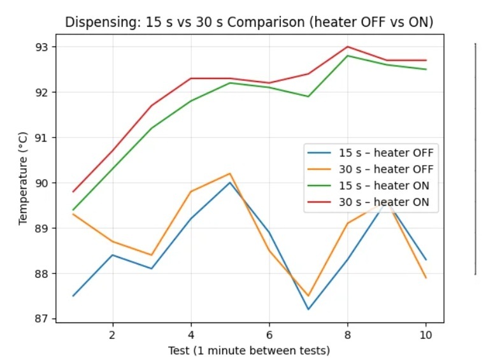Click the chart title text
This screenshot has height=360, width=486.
[x=250, y=22]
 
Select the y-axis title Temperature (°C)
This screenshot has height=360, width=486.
[x=24, y=182]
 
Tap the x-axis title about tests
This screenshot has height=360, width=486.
[x=249, y=350]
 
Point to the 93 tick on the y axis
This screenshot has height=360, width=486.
[x=45, y=47]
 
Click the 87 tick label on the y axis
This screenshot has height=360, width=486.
[x=45, y=319]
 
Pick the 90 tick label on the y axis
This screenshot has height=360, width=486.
[x=45, y=183]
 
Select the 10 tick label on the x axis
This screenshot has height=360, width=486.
[x=425, y=334]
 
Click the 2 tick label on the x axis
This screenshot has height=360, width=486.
[x=113, y=334]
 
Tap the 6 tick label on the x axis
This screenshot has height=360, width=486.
[x=269, y=334]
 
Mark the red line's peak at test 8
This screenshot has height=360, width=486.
[x=347, y=47]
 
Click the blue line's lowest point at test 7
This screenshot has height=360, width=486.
[x=308, y=310]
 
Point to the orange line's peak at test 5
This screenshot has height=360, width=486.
[x=230, y=173]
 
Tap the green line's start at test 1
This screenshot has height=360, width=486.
[x=74, y=210]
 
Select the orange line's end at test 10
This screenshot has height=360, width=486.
[x=425, y=278]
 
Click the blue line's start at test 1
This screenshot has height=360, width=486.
[x=74, y=296]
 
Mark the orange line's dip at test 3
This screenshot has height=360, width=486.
[x=152, y=255]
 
